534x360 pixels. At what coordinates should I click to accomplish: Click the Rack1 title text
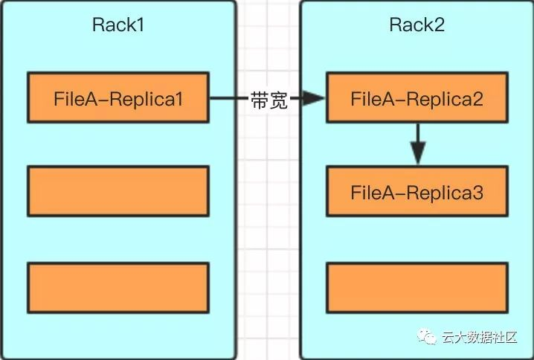pyautogui.click(x=118, y=25)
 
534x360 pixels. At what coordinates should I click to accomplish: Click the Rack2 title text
pyautogui.click(x=416, y=25)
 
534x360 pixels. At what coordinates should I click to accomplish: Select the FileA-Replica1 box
pyautogui.click(x=118, y=97)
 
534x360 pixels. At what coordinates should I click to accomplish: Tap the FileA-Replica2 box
pyautogui.click(x=417, y=97)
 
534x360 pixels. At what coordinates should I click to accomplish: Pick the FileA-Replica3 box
pyautogui.click(x=417, y=192)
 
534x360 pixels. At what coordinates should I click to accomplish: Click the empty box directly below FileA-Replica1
pyautogui.click(x=118, y=191)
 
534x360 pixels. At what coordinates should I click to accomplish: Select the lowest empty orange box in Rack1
pyautogui.click(x=118, y=286)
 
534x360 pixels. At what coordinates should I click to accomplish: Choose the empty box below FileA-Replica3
pyautogui.click(x=417, y=286)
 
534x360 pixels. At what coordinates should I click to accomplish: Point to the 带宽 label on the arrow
pyautogui.click(x=268, y=100)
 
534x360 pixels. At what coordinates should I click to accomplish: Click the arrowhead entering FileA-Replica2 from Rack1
pyautogui.click(x=317, y=97)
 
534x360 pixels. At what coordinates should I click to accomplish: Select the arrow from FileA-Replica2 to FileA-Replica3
pyautogui.click(x=417, y=144)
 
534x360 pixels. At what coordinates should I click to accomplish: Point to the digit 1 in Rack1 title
pyautogui.click(x=139, y=25)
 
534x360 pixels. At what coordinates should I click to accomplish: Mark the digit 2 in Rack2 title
pyautogui.click(x=438, y=25)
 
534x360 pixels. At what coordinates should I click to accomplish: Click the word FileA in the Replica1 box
pyautogui.click(x=72, y=97)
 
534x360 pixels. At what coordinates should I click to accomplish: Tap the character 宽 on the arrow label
pyautogui.click(x=278, y=100)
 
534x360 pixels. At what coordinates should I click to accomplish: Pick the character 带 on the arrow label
pyautogui.click(x=259, y=100)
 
